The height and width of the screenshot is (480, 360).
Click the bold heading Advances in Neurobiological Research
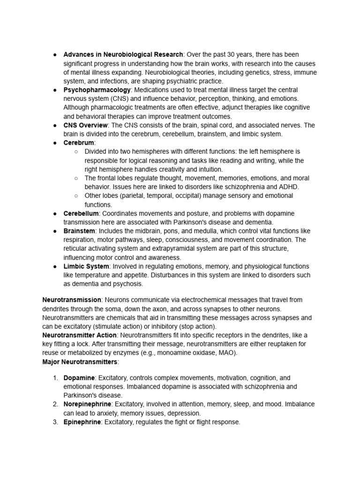123,54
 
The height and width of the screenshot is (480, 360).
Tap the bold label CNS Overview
86,125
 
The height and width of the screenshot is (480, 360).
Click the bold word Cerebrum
79,142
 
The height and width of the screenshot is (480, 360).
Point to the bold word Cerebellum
81,213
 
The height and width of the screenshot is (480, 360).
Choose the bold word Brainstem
79,231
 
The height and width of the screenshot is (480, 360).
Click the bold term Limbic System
86,266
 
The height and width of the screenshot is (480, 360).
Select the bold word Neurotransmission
72,300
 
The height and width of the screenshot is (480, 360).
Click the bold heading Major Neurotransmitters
80,362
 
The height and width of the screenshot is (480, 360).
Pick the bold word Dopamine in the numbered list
79,378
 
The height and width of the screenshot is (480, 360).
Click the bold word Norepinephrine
87,404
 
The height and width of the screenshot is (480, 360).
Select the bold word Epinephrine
82,422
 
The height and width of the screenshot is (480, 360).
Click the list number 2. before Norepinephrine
55,404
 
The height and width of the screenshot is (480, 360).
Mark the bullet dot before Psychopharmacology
55,90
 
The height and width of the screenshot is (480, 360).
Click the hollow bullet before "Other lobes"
76,195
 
